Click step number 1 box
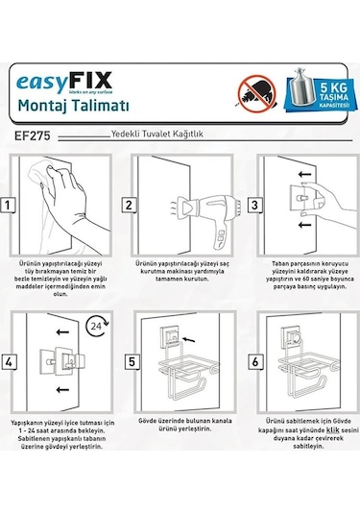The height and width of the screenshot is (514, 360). [8, 205]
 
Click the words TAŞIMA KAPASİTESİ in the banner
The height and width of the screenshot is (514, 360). [335, 100]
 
